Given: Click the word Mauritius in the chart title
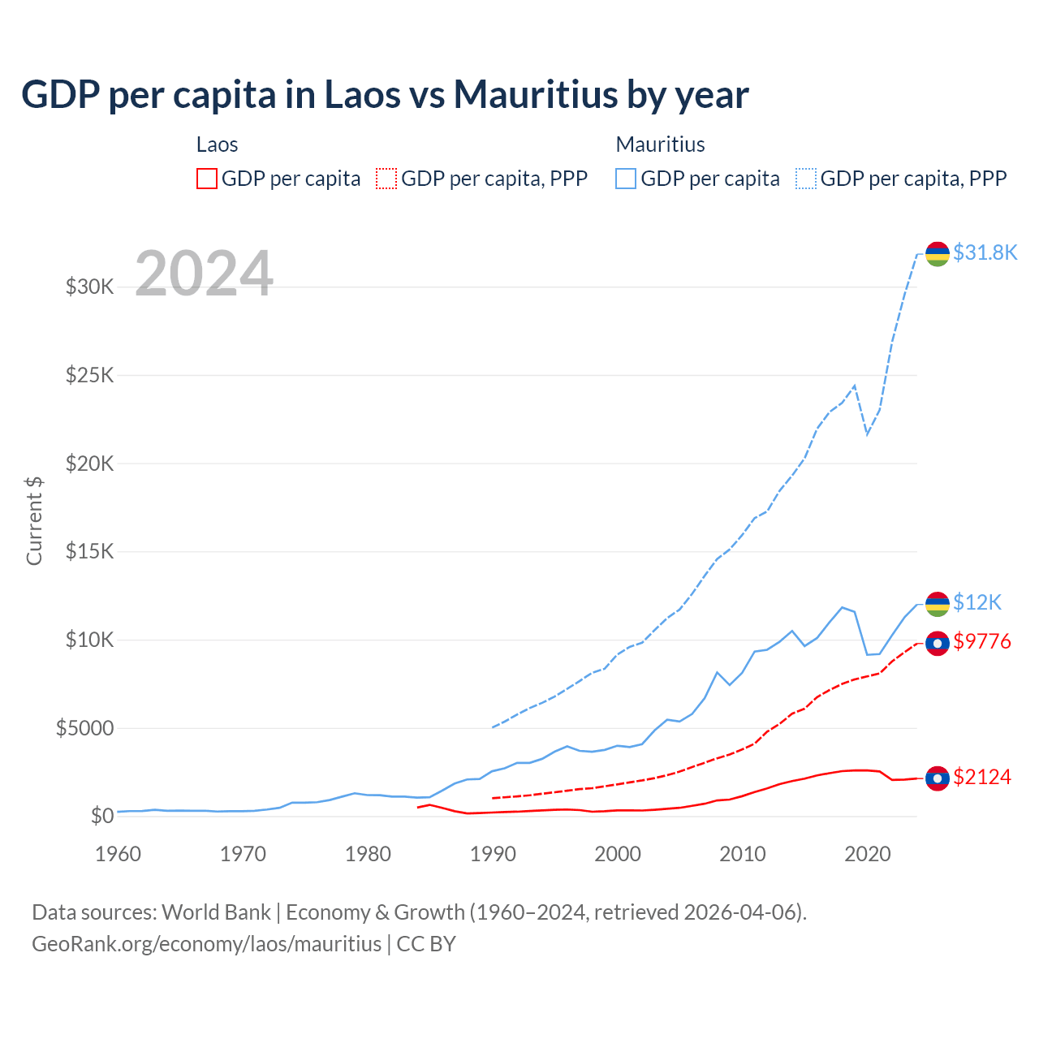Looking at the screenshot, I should point(536,94).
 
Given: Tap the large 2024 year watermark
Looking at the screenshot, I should point(204,274).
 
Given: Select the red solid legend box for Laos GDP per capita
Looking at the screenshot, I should point(207,179).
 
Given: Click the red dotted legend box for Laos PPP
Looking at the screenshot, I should point(386,179).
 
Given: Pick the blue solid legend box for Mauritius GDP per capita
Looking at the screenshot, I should point(626,179).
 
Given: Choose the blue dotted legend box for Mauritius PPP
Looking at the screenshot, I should point(806,179).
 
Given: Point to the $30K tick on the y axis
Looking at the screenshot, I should point(89,287).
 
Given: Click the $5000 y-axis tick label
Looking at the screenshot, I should point(84,728).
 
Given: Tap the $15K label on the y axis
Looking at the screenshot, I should point(89,551).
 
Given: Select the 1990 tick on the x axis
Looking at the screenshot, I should point(493,854).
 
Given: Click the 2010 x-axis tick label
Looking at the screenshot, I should point(743,854).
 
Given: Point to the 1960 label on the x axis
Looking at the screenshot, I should point(119,854).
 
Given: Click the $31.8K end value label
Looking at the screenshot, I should point(985,252).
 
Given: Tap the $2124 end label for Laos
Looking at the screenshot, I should point(982,777).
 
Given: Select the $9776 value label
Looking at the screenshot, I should point(982,641).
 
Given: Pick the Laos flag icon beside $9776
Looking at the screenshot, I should point(938,643).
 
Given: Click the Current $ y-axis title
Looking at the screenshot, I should point(34,521).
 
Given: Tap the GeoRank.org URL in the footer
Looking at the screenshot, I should point(206,944).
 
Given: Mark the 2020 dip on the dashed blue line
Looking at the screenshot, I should point(868,433).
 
